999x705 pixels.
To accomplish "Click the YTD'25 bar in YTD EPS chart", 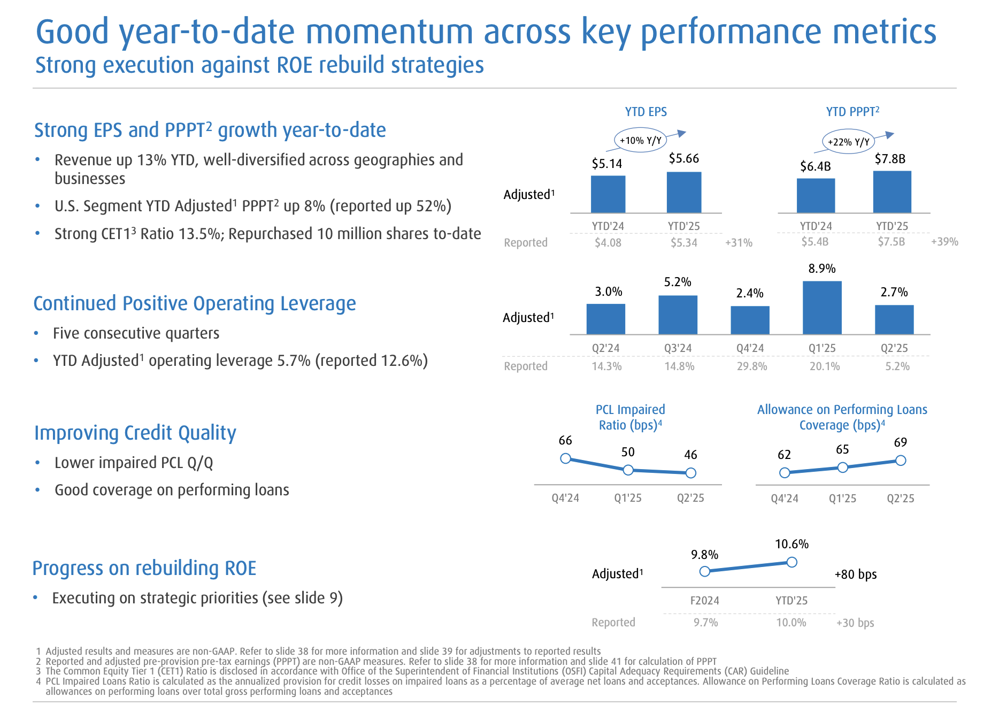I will tap(683, 193).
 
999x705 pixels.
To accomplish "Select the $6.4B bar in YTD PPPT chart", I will tap(816, 196).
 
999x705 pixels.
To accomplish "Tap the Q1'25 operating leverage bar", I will tap(822, 308).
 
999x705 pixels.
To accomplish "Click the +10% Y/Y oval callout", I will tap(640, 141).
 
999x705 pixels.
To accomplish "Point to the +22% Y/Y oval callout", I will tap(848, 142).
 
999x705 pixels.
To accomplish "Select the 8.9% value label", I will tap(822, 269).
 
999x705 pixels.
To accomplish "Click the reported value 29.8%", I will tap(751, 366).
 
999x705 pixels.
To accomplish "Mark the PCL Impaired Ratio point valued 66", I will tap(565, 458).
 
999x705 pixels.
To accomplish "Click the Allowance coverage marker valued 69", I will tap(901, 460).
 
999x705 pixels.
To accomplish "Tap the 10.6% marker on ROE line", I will tap(792, 562).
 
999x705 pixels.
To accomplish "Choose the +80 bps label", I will tap(855, 574).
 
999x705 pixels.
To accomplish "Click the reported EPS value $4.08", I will tap(608, 243).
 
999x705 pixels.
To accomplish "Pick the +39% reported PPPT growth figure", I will tap(944, 242).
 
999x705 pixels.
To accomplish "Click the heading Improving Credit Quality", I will tap(135, 433).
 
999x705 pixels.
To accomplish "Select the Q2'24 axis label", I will tap(605, 348).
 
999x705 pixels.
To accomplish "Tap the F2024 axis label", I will tap(704, 601).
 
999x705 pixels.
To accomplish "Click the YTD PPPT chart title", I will tap(852, 112).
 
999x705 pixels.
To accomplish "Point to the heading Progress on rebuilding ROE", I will tap(144, 568).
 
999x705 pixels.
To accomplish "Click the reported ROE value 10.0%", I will tap(791, 623).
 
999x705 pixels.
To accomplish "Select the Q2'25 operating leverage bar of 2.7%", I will tap(894, 320).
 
